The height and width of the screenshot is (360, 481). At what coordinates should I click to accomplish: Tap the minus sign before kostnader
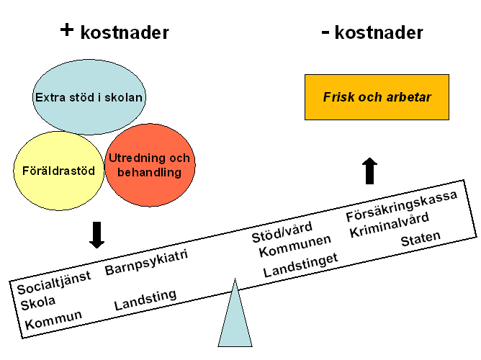325,32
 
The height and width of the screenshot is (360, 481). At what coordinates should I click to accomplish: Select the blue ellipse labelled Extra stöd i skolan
89,96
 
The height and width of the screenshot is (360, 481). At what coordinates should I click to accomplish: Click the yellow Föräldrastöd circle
59,171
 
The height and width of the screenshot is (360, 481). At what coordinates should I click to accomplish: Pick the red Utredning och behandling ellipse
150,165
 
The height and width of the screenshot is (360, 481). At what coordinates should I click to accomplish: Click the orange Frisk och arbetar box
377,96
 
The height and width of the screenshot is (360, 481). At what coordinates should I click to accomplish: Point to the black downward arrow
96,234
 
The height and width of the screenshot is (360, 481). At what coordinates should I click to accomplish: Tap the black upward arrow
369,171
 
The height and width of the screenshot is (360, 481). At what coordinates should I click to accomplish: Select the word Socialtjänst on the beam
54,282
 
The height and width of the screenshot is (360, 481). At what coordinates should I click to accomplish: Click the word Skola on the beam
38,302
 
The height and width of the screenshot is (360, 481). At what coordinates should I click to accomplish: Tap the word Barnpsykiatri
146,261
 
